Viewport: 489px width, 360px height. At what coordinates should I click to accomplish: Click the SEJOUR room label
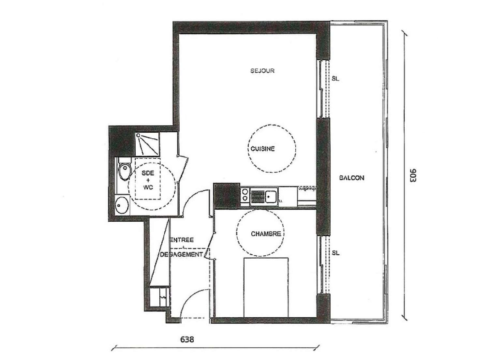[262, 70]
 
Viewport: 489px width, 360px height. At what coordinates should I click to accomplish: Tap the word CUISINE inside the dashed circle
[262, 149]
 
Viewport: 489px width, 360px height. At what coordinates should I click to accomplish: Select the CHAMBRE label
[266, 234]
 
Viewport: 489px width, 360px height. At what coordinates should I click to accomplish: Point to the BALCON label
[352, 178]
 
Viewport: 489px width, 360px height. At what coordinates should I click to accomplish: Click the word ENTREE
[182, 240]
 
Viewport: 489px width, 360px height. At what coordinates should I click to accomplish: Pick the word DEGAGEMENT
[182, 254]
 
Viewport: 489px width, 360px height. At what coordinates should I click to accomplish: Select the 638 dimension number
[187, 339]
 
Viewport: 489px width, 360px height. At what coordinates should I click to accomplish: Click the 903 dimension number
[413, 176]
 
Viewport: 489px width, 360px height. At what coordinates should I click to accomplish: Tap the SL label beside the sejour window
[335, 79]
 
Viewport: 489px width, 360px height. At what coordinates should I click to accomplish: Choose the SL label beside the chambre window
[335, 253]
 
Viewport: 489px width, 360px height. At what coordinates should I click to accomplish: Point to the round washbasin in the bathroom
[122, 205]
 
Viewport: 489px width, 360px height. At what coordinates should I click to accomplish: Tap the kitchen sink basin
[271, 197]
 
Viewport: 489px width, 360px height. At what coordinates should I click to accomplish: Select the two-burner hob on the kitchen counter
[244, 195]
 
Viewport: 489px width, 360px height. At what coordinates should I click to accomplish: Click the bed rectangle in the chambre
[266, 287]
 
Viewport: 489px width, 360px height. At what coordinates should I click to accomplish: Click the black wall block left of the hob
[226, 195]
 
